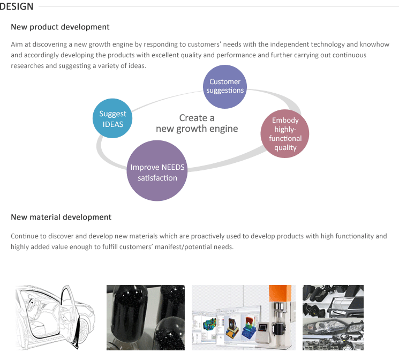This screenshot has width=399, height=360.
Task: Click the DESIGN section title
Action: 16,6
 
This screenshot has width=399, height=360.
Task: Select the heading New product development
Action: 60,27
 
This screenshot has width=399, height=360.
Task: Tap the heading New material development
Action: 61,217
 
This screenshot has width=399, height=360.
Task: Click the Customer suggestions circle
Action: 225,87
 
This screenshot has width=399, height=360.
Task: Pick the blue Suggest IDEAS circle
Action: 112,118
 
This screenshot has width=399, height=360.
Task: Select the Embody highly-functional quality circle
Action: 285,134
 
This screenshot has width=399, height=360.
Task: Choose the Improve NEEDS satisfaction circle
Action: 157,170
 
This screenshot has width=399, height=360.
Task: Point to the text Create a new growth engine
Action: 197,123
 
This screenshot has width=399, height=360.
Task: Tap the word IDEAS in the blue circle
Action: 112,124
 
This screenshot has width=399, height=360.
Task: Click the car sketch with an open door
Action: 55,317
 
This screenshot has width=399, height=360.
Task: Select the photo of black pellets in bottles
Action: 146,318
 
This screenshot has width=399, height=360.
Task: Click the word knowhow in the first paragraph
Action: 374,44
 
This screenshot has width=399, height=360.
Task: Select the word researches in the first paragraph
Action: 27,66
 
